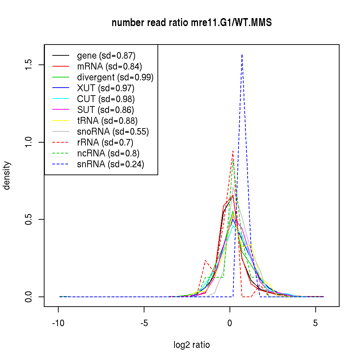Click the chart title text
191,23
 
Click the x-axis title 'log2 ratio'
191,345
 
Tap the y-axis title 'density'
7,176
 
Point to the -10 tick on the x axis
58,323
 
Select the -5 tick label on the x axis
144,323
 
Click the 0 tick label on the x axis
230,323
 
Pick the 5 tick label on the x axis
316,323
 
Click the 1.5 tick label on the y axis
29,65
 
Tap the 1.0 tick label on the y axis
29,142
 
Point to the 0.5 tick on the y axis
29,219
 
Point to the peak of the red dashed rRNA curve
233,151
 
